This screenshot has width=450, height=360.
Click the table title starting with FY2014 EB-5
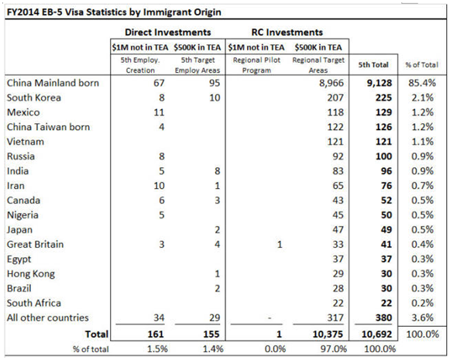tap(114, 12)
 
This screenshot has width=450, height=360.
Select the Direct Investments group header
tap(168, 32)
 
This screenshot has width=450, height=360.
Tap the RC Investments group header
tap(287, 32)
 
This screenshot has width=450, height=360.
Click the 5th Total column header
tap(373, 65)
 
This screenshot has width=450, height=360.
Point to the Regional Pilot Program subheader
tap(256, 65)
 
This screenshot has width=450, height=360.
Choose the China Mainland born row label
tap(53, 83)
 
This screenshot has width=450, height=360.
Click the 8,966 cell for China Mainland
tap(331, 83)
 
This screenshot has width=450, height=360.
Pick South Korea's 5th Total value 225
tap(383, 98)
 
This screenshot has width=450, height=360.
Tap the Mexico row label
tap(23, 112)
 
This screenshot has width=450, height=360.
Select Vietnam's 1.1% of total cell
tap(422, 142)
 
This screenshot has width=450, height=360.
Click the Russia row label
tap(21, 156)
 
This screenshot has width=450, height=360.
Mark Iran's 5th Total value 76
tap(386, 186)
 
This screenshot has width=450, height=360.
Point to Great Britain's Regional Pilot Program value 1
tap(280, 245)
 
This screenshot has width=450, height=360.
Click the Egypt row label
tap(19, 259)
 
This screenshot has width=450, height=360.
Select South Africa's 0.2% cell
tap(422, 303)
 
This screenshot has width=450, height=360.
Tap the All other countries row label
tap(48, 317)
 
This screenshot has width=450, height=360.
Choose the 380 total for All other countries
tap(383, 317)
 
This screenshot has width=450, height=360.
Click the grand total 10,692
tap(377, 334)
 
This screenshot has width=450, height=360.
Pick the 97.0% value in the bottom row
tap(334, 349)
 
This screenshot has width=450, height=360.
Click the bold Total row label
tap(96, 334)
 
